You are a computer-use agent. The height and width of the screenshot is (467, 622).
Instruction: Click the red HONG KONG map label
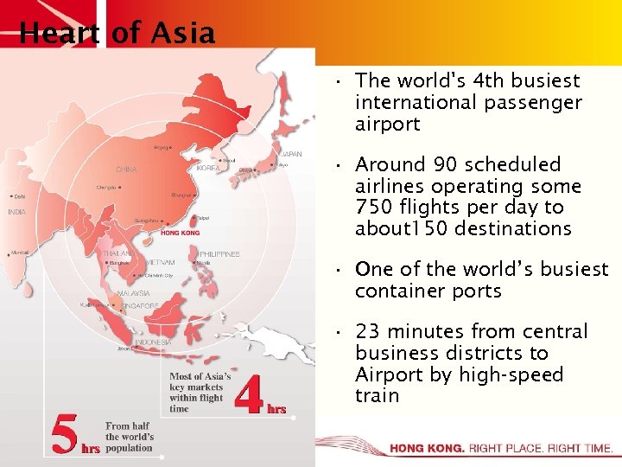pos(180,233)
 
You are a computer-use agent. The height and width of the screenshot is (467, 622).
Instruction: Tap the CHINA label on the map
pos(126,170)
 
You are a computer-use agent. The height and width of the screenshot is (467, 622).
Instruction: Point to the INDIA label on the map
pos(16,211)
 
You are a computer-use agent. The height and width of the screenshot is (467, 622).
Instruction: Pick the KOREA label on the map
pos(208,168)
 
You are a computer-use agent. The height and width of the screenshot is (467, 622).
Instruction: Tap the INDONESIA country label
pos(152,342)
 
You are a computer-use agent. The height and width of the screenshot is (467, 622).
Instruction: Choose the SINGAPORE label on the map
pos(139,305)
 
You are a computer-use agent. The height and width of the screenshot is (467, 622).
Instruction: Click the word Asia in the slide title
pos(182,34)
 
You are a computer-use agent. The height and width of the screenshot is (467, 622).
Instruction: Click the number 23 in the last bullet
pos(367,332)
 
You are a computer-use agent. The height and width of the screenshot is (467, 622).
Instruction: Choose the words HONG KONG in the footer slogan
pos(427,449)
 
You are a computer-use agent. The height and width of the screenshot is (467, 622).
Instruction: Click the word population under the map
pos(128,449)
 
